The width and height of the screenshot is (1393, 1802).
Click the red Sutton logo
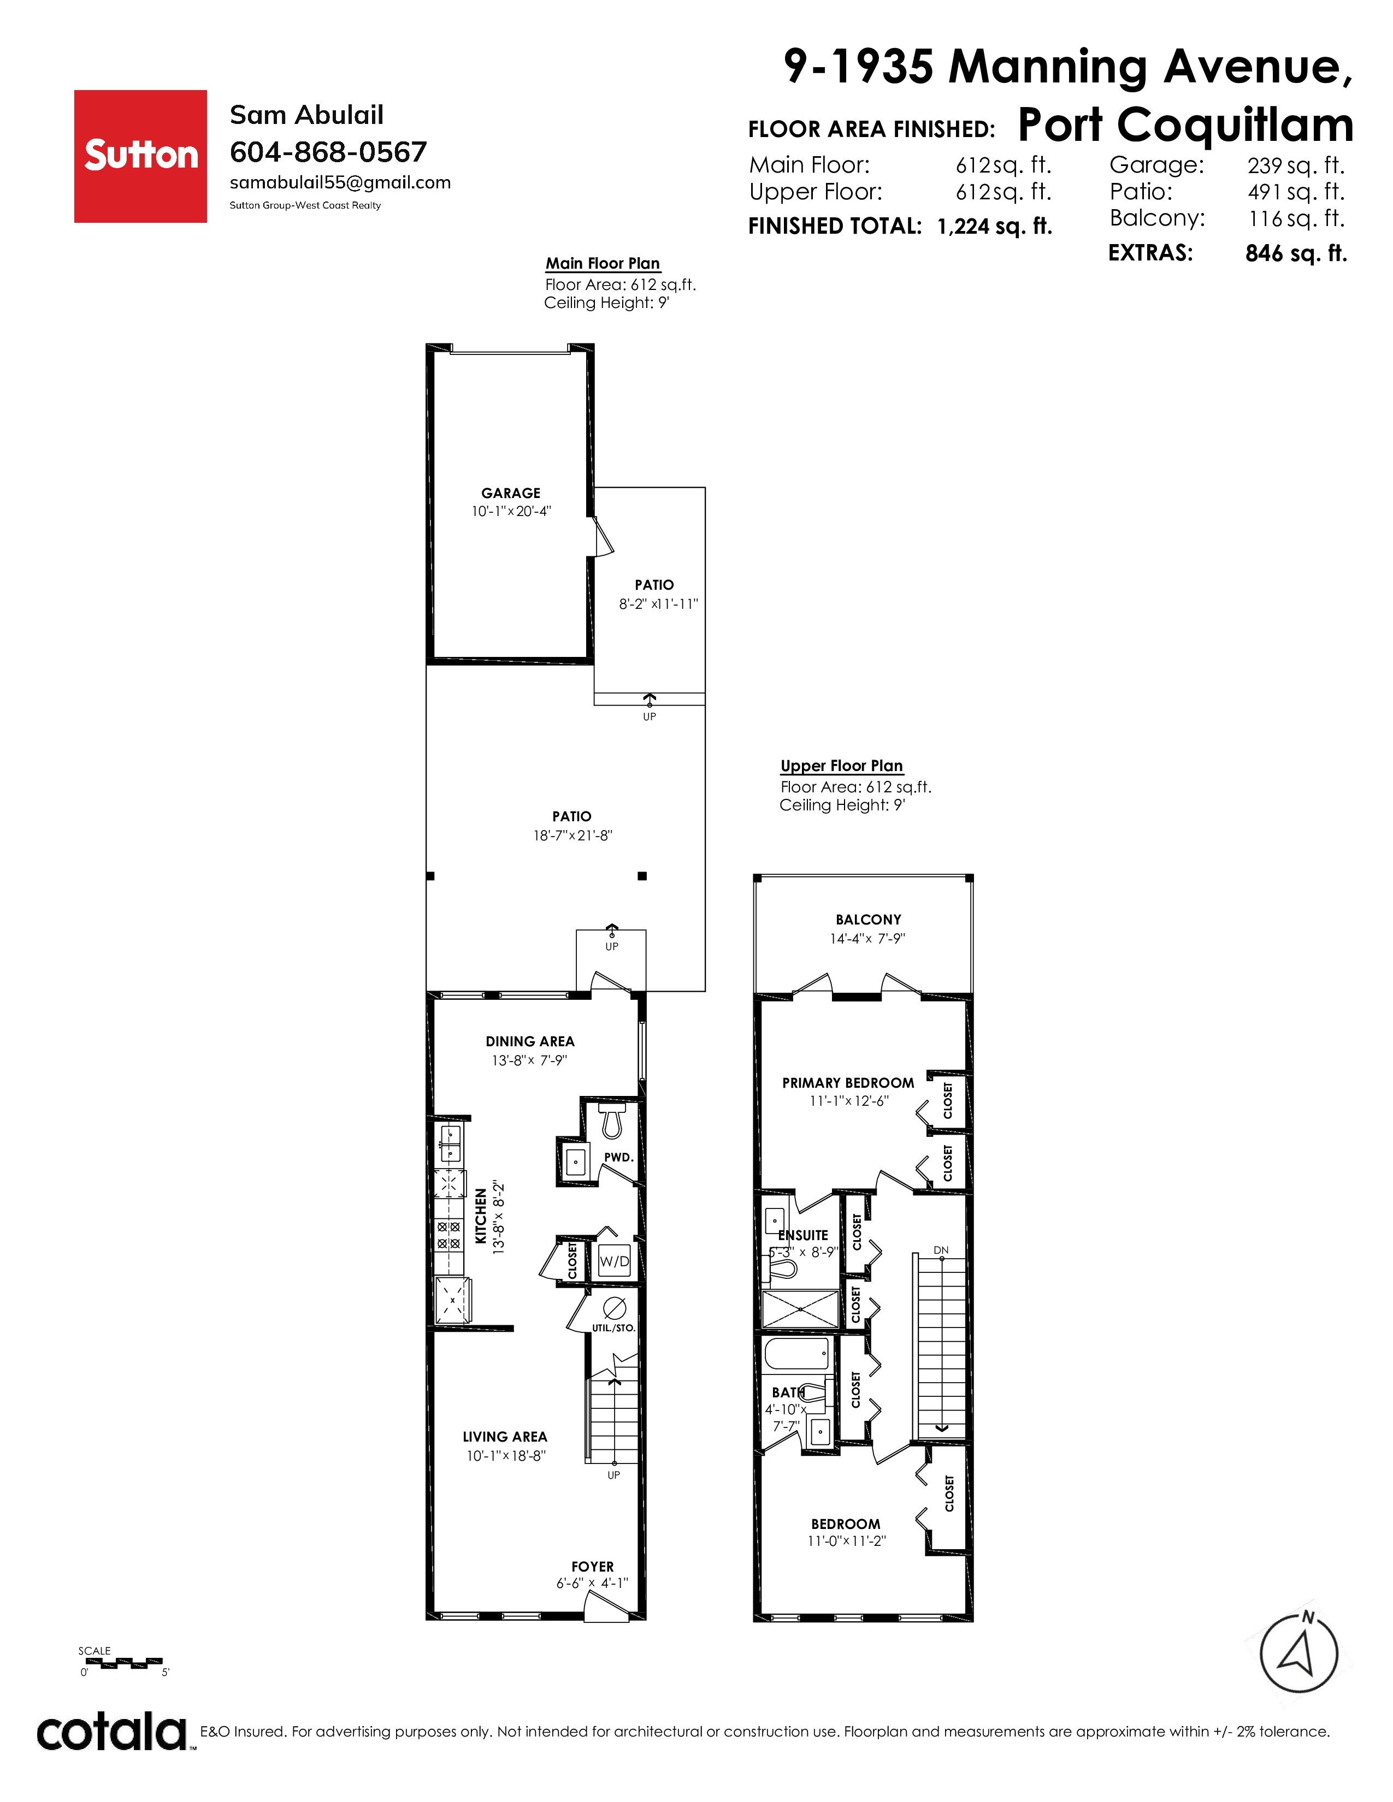pos(140,156)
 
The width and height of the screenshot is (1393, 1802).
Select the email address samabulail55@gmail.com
pos(340,182)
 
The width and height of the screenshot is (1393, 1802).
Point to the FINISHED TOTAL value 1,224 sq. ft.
pos(994,226)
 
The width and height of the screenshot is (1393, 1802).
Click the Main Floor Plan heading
pos(603,263)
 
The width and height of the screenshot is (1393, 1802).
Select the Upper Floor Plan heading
pos(842,766)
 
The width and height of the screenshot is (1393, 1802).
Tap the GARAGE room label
pos(511,493)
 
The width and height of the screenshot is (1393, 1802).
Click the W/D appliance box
pos(614,1261)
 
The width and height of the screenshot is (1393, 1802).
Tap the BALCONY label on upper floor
pos(868,919)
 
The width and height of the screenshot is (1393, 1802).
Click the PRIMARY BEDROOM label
pos(848,1082)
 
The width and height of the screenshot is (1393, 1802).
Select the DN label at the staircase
pos(941,1250)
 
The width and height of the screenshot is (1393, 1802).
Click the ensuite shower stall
pos(800,1309)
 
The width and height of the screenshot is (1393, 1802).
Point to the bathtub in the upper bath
pos(797,1355)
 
